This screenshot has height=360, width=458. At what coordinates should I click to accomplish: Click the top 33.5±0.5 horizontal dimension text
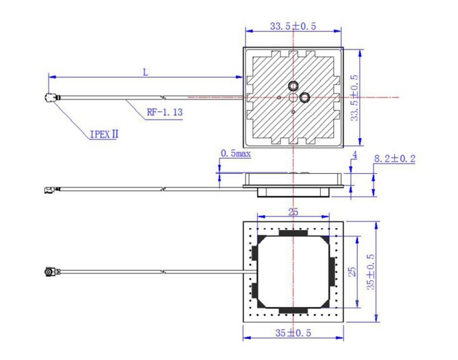tap(293, 26)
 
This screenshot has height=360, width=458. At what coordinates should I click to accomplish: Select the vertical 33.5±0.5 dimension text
tap(354, 97)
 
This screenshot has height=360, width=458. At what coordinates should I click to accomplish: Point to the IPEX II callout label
tap(104, 134)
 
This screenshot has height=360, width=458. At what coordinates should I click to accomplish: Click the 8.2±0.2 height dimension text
tap(394, 159)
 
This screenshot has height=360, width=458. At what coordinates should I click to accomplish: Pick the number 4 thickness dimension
tap(354, 156)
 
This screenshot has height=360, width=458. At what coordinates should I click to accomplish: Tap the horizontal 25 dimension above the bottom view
tap(293, 212)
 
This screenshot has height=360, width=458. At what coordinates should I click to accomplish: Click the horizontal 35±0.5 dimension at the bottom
tap(293, 333)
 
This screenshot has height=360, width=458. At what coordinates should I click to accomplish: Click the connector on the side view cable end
tap(49, 189)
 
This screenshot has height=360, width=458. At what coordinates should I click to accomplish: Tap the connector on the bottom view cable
tap(50, 272)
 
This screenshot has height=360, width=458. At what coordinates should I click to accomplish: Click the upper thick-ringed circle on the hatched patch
tap(293, 85)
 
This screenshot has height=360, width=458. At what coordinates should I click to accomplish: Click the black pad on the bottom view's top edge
tap(293, 233)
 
